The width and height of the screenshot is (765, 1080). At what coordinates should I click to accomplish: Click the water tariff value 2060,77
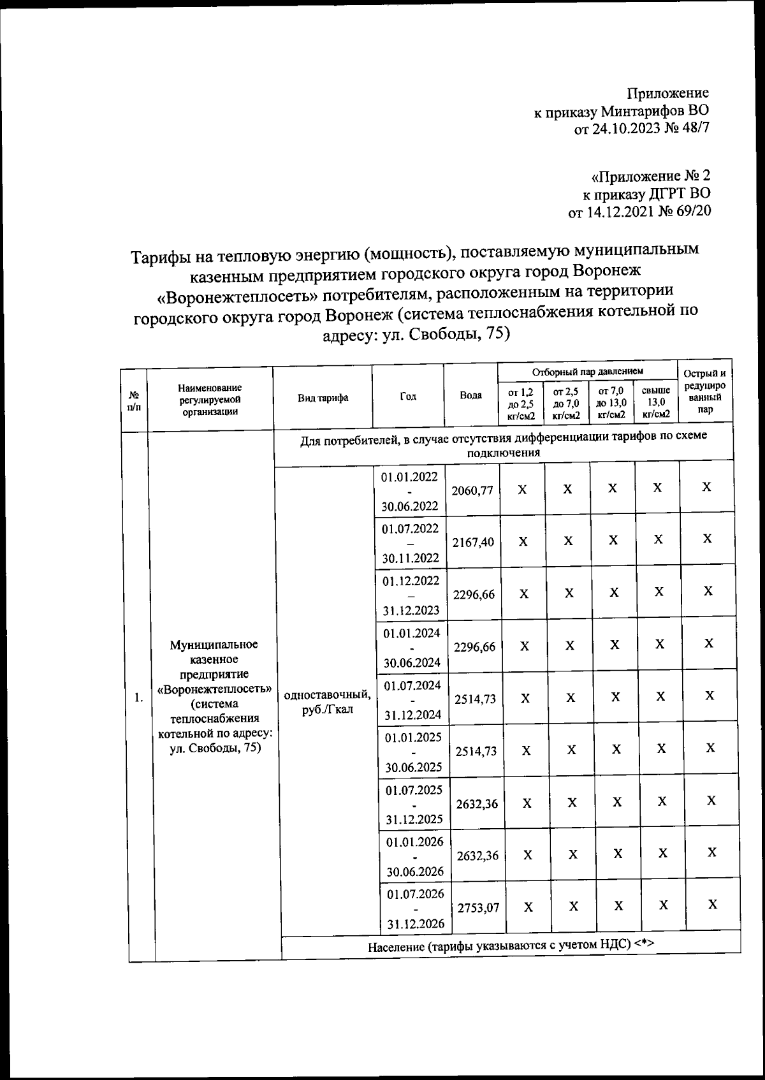[x=472, y=490]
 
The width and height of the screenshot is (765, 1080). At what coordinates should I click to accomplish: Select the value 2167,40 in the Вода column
[x=473, y=543]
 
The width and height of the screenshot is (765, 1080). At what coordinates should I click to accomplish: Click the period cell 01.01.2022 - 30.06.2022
[x=409, y=491]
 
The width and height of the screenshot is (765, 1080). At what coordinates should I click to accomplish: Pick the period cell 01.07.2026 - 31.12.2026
[x=415, y=908]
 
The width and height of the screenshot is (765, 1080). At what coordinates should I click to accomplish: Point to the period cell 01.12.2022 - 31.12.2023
[x=411, y=595]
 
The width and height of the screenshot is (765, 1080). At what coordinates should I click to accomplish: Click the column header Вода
[x=470, y=395]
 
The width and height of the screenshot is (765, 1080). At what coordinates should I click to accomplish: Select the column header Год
[x=408, y=396]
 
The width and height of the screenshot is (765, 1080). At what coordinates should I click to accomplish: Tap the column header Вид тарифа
[x=323, y=397]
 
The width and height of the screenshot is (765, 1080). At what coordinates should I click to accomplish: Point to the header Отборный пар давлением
[x=587, y=370]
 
